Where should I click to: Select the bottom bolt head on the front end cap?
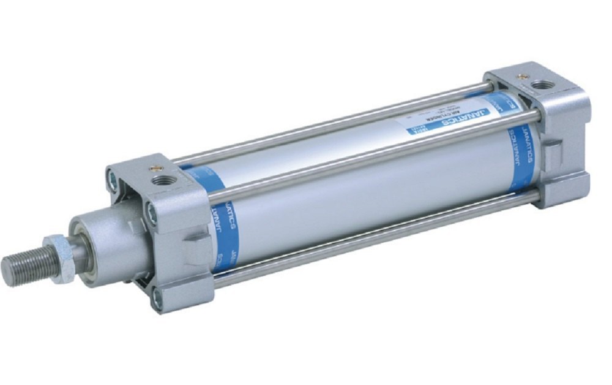click(157, 300)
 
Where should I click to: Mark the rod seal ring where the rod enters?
click(80, 245)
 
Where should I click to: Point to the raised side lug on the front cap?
click(196, 245)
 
